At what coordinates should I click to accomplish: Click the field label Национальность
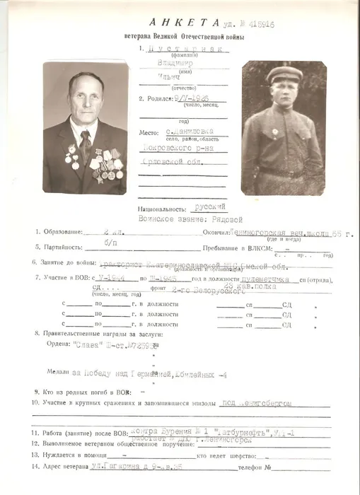[x=163, y=209]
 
